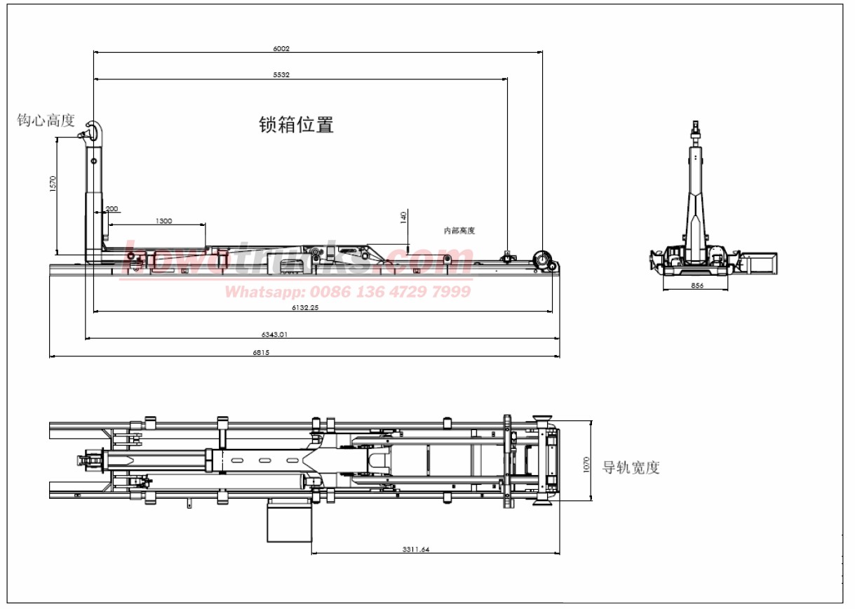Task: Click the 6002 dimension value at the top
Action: (x=281, y=49)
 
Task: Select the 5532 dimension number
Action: (x=281, y=74)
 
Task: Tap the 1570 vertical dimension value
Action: (x=53, y=185)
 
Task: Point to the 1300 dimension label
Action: (x=163, y=221)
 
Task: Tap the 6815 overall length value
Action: (x=261, y=353)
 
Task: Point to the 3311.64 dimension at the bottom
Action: (x=416, y=549)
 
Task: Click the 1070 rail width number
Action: (x=587, y=464)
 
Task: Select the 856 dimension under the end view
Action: (x=696, y=286)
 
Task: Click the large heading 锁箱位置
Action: (x=296, y=125)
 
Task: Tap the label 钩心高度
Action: (x=46, y=121)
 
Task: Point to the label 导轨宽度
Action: (x=631, y=467)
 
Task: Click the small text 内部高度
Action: (x=459, y=231)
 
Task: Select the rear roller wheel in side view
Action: (x=542, y=260)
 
